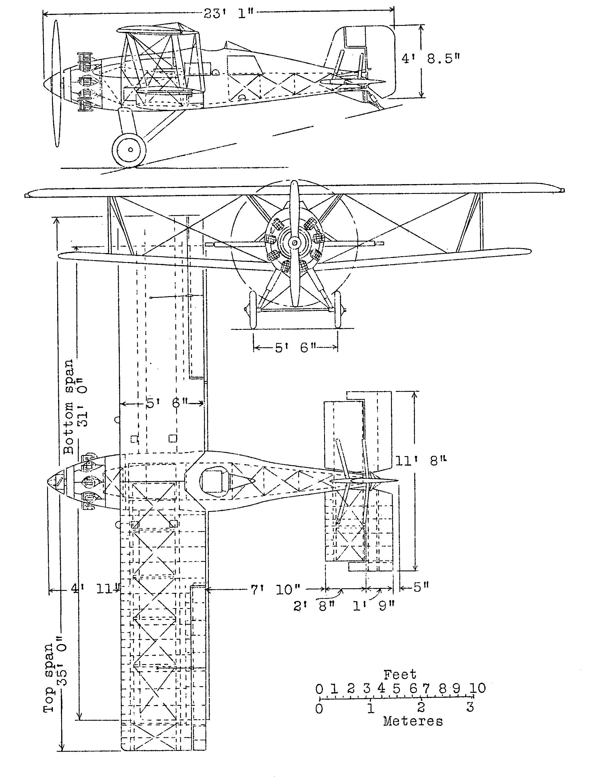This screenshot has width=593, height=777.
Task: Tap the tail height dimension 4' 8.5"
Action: click(x=431, y=58)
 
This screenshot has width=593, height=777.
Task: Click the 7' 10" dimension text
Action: click(x=275, y=589)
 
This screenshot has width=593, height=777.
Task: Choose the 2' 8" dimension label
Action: click(x=314, y=606)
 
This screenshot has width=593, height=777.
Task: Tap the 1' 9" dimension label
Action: click(x=373, y=606)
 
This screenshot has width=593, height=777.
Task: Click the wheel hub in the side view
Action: click(x=130, y=150)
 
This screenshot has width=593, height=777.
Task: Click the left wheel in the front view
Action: click(x=253, y=310)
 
